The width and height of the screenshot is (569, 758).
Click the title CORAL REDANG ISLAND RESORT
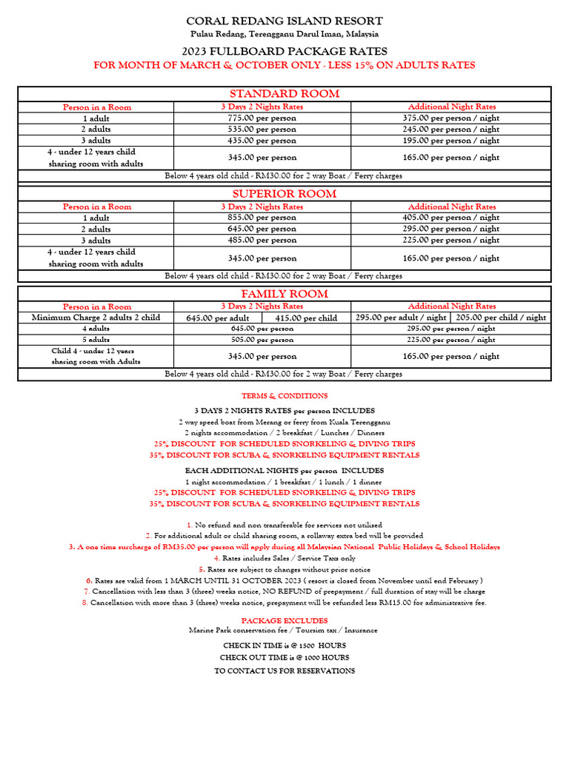pyautogui.click(x=284, y=21)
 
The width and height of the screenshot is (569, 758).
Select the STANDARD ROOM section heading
pyautogui.click(x=284, y=93)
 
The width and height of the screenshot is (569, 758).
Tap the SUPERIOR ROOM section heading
pyautogui.click(x=284, y=193)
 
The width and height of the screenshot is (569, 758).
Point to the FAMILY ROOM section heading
pyautogui.click(x=284, y=293)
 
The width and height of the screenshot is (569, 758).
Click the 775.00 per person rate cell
pyautogui.click(x=262, y=118)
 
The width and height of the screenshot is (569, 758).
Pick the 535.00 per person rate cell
pyautogui.click(x=262, y=129)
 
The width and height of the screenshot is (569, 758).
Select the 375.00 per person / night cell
pyautogui.click(x=451, y=118)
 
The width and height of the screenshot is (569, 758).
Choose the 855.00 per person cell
pyautogui.click(x=262, y=218)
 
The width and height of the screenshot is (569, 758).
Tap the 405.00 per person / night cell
pyautogui.click(x=451, y=218)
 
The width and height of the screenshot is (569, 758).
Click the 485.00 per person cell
pyautogui.click(x=262, y=240)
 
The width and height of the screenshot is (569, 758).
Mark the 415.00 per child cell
pyautogui.click(x=305, y=318)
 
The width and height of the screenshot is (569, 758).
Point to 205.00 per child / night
pyautogui.click(x=501, y=317)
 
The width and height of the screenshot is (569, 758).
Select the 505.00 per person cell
pyautogui.click(x=262, y=340)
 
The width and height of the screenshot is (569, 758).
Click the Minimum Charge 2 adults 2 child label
pyautogui.click(x=96, y=317)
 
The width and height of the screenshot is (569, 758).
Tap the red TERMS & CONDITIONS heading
pyautogui.click(x=284, y=396)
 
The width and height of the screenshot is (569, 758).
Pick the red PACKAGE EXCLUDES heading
pyautogui.click(x=284, y=620)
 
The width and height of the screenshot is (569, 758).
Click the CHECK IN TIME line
pyautogui.click(x=284, y=645)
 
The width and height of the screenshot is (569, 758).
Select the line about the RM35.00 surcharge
pyautogui.click(x=284, y=546)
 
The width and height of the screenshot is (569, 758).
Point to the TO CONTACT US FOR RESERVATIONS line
pyautogui.click(x=284, y=671)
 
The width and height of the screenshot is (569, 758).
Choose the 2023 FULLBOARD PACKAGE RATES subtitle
pyautogui.click(x=284, y=51)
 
